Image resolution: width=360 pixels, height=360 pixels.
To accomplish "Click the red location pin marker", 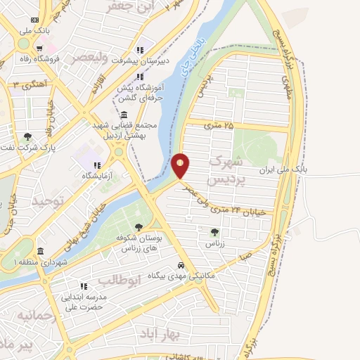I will point(181,165).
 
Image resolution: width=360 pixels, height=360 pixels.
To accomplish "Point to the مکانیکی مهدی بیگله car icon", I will point(181,265).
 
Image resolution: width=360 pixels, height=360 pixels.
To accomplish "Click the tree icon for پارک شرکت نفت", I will point(27,137).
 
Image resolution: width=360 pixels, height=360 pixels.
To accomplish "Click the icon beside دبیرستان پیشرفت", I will point(140,49).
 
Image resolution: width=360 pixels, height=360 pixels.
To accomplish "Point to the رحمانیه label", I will point(35,315).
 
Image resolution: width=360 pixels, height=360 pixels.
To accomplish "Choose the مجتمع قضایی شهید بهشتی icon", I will point(124,115).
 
